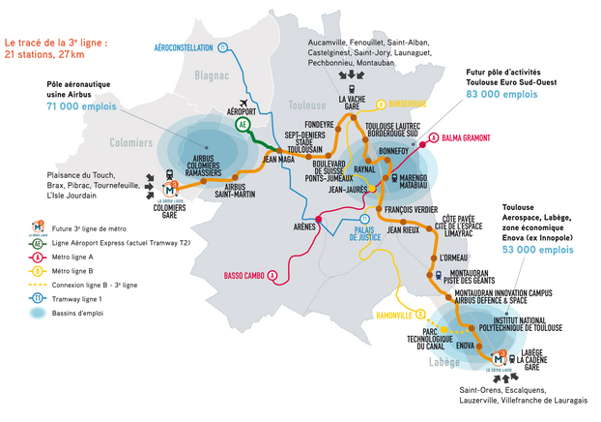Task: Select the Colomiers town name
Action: pyautogui.click(x=131, y=143)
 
